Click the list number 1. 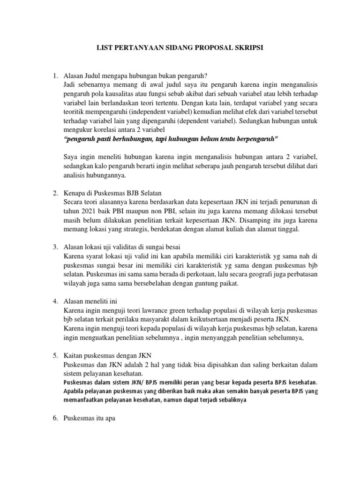click(x=54, y=75)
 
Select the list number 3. click(x=54, y=247)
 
